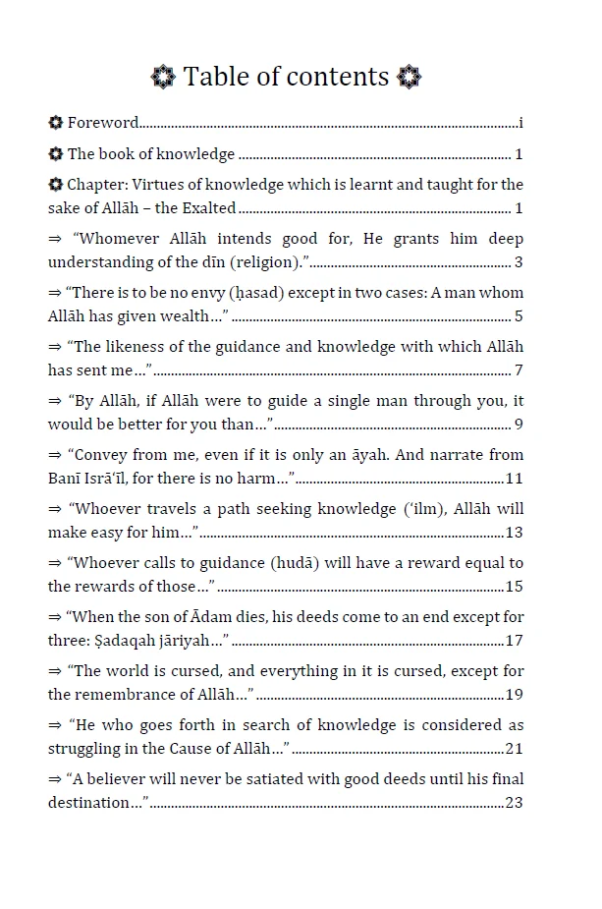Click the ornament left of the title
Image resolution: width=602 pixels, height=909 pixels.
click(x=163, y=77)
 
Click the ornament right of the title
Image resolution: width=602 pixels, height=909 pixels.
click(x=410, y=77)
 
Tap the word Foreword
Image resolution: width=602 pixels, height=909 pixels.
click(x=103, y=123)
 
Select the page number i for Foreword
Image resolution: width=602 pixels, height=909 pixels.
click(x=520, y=123)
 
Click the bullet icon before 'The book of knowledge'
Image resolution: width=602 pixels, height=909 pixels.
click(x=56, y=153)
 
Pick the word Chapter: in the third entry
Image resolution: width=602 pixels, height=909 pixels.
click(x=97, y=184)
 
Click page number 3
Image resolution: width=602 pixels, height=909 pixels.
click(x=519, y=261)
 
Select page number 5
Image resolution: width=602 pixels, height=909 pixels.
click(x=519, y=315)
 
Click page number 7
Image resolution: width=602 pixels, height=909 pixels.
click(x=519, y=369)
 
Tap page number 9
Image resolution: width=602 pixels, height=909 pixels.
click(x=519, y=424)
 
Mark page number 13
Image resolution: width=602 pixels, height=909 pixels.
click(x=514, y=532)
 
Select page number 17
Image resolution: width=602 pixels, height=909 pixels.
click(x=514, y=640)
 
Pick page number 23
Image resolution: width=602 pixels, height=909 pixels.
click(x=514, y=802)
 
